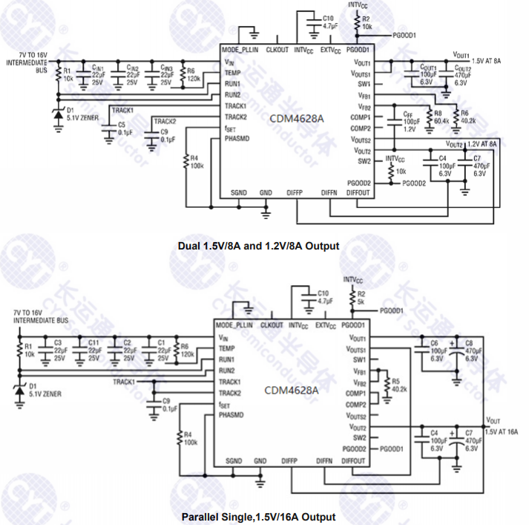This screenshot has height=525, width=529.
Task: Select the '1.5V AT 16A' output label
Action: point(502,431)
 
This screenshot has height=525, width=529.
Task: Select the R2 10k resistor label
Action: point(367,22)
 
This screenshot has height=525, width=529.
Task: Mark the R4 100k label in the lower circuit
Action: point(190,438)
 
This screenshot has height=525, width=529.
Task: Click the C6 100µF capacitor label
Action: point(438,348)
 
